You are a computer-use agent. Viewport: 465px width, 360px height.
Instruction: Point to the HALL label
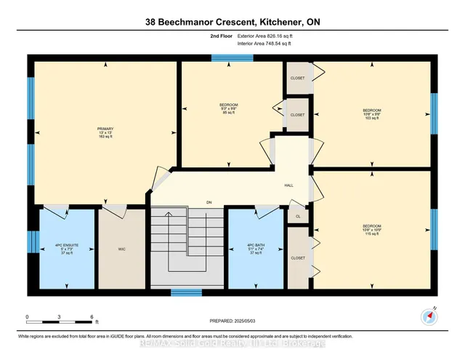tap(288, 185)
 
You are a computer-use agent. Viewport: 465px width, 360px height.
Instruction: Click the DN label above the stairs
tap(209, 202)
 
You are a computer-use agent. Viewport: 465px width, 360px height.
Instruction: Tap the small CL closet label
tap(298, 216)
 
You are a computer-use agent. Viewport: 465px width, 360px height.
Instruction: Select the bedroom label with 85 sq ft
tap(229, 108)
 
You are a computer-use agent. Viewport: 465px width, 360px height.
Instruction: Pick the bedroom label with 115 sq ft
tap(372, 229)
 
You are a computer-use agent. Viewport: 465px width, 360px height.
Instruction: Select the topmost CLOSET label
tap(298, 78)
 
